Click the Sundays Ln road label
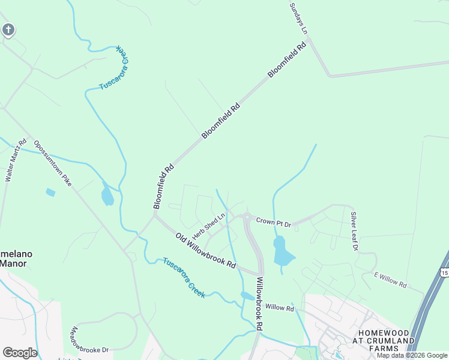tap(299, 18)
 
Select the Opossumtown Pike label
tap(53, 163)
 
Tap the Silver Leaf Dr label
tap(355, 231)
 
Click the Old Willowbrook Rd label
tap(205, 251)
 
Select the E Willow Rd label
tap(390, 280)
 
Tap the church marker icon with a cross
tap(8, 29)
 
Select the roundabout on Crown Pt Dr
tap(247, 217)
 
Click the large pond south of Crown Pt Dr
tap(282, 251)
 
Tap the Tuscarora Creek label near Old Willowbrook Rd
tap(184, 278)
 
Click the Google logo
tap(20, 353)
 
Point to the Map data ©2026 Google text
tap(412, 355)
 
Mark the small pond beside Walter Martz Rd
tap(50, 193)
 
